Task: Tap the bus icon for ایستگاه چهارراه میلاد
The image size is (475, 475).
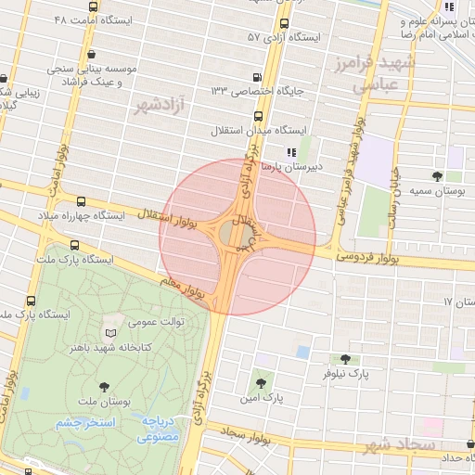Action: point(81,200)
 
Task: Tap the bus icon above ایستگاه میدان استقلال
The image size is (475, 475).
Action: point(257,117)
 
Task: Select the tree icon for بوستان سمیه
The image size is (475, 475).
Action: point(437,176)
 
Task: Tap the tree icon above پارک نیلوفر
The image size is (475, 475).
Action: point(345,358)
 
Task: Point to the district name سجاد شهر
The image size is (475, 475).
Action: point(400,445)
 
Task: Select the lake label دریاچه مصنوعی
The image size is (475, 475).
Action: point(160,428)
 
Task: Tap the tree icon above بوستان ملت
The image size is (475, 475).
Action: point(102,388)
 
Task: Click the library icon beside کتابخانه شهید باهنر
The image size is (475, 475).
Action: point(111,332)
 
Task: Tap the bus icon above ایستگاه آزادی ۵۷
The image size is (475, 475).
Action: point(284,24)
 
